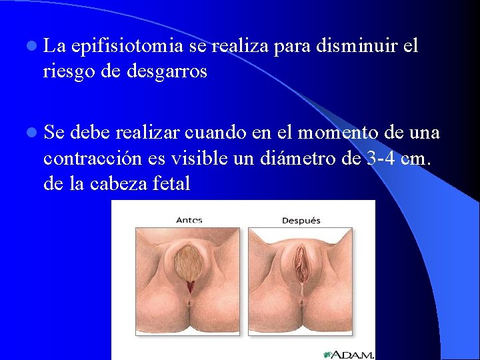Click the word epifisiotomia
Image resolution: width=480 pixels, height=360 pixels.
(127, 47)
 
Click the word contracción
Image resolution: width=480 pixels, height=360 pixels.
(91, 159)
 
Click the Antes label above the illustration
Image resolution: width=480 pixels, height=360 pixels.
(189, 219)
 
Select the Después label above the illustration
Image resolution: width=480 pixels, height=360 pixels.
(301, 220)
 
